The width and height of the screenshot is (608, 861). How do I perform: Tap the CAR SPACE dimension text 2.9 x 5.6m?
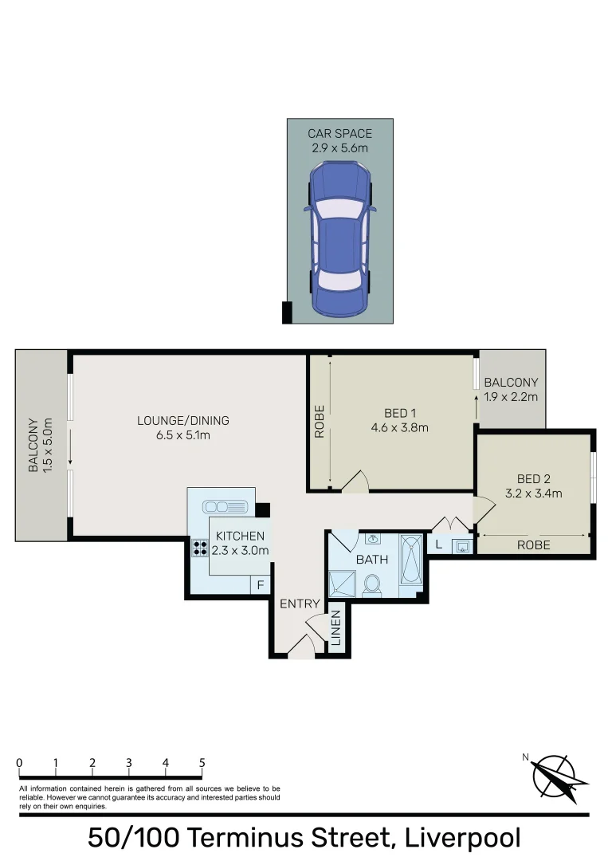coord(340,148)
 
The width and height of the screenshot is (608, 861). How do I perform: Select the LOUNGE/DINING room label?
coord(183,421)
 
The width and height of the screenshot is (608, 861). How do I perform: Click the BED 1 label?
coord(400,413)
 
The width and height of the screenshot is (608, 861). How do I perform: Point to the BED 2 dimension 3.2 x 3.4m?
coord(534,493)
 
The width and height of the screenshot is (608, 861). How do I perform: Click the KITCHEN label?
coord(240,537)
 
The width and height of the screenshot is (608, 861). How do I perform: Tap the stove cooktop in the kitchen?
coord(198,548)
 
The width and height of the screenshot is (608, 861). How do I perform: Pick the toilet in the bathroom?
coord(371,585)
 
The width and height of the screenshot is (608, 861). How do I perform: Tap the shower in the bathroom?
coord(343,584)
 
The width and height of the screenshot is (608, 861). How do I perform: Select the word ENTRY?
coord(300,604)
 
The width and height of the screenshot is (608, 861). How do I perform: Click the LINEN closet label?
coord(336,628)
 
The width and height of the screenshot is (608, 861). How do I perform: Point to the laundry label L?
coord(438,545)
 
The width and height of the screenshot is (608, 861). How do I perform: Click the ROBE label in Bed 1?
coord(320,423)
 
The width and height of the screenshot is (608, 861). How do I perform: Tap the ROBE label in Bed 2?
coord(533,546)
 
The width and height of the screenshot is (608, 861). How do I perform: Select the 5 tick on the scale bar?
coord(202,763)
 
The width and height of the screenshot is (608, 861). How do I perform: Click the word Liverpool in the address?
coord(463,838)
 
